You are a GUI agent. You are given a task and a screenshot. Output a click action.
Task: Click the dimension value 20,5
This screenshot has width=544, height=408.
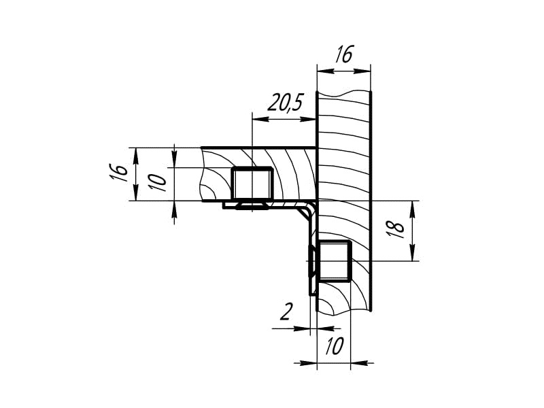point(286,103)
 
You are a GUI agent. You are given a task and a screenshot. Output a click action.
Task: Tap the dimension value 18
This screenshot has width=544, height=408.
point(396,229)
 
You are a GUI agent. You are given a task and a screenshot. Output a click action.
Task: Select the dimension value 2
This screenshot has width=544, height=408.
point(286,311)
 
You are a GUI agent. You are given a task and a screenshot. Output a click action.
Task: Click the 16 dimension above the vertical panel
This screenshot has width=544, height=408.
point(344,54)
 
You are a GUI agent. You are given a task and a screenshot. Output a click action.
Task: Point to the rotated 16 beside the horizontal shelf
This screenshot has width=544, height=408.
point(118,172)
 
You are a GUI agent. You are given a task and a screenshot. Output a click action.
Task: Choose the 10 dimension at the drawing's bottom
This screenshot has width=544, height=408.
point(334,345)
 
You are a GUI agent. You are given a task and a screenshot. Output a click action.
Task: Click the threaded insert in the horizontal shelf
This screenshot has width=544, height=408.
point(252,184)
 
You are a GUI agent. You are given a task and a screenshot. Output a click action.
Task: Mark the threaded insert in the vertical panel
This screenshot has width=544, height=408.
point(335,260)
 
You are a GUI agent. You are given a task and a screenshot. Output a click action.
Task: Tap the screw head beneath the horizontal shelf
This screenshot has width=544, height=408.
point(252,207)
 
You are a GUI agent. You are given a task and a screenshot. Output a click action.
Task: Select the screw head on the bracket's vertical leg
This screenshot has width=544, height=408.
point(311,260)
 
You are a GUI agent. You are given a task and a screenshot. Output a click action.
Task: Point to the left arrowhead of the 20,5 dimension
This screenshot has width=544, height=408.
point(261,119)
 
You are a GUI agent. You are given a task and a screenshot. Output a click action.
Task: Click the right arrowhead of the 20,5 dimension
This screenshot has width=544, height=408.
point(308,119)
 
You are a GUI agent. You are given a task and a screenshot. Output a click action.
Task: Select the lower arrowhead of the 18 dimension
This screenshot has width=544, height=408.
point(412,252)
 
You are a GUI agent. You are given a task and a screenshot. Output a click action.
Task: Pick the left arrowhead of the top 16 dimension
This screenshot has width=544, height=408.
point(326,71)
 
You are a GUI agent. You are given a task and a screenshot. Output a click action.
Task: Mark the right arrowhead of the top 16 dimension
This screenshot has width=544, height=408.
point(362,71)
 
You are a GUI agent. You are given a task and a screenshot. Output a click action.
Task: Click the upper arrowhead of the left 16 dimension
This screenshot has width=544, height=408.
point(137,156)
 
